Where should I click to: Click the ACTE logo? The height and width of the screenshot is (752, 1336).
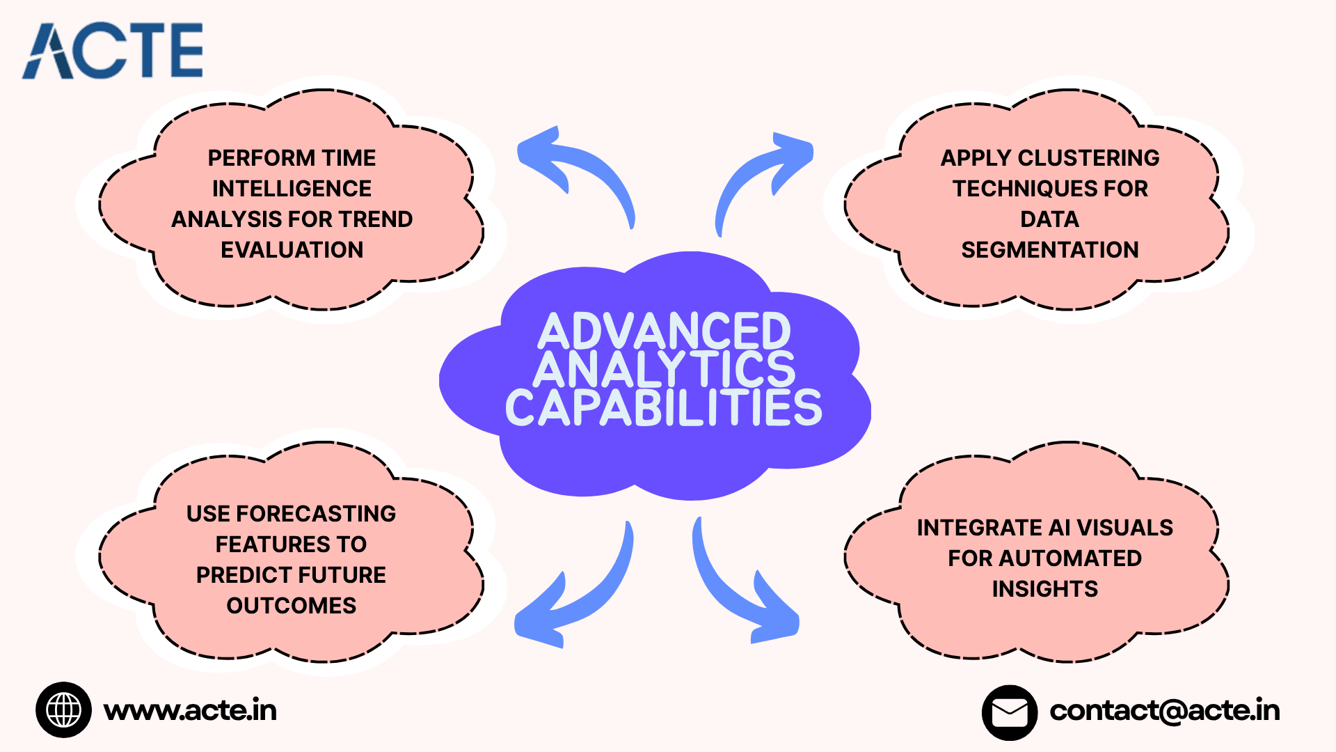coord(113,50)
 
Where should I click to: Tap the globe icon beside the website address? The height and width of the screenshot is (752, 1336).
coord(63,710)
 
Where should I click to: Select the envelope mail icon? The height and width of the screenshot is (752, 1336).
coord(1009,712)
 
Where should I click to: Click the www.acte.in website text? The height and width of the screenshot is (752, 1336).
coord(190,710)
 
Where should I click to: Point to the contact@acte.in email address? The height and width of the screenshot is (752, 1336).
coord(1164,710)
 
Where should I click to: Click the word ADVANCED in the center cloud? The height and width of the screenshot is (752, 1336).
coord(665,331)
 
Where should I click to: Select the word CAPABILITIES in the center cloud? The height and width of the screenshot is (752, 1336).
coord(663,408)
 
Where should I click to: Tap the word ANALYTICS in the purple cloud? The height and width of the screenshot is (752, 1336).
coord(665,369)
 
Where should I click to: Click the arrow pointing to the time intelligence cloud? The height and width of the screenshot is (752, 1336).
coord(574,171)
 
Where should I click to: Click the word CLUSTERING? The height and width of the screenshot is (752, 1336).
coord(1088,158)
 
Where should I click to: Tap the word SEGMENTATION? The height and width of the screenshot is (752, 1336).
coord(1050,250)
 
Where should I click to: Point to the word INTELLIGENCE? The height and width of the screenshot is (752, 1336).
coord(292,189)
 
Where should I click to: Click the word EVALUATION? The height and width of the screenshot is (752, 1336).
coord(292,250)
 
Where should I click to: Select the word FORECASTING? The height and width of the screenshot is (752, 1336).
coord(316,514)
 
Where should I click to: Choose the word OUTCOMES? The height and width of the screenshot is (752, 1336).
coord(292,606)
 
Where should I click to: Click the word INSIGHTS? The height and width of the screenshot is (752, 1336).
coord(1044,589)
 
